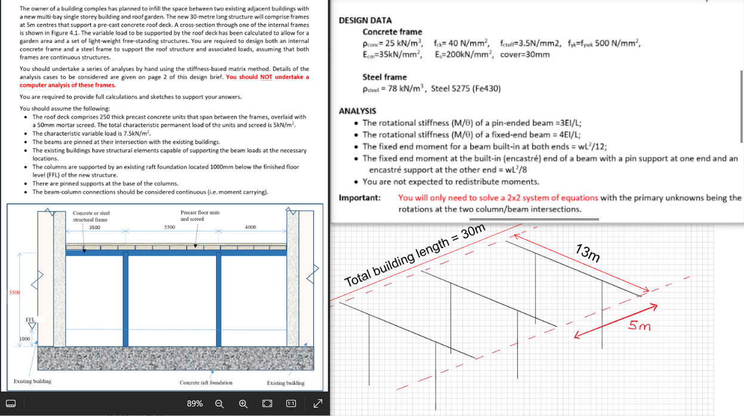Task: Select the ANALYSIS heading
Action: coord(357,111)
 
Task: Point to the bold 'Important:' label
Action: coord(360,198)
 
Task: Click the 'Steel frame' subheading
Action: coord(384,77)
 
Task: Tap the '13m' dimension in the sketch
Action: coord(588,253)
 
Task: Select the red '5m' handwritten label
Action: coord(640,326)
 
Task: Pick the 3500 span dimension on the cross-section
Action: coord(94,227)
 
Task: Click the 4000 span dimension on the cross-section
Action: coord(251,227)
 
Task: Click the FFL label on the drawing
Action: coord(30,320)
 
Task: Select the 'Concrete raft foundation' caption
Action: coord(206,383)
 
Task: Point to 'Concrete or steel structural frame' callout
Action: coord(91,216)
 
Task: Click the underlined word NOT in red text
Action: coord(267,77)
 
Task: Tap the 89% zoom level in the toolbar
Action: coord(195,403)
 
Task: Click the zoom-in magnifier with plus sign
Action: coord(243,403)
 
